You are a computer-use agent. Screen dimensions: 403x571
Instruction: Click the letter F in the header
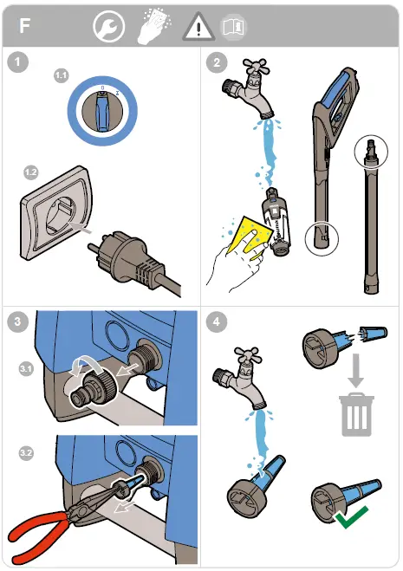tap(24, 26)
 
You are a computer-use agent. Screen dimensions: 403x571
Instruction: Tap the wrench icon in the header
tap(108, 26)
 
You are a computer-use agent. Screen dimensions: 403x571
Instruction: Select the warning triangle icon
tap(198, 26)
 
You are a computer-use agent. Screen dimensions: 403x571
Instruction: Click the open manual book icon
tap(233, 27)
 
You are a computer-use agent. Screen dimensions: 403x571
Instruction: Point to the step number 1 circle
tap(17, 62)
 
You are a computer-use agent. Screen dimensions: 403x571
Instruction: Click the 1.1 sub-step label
tap(62, 75)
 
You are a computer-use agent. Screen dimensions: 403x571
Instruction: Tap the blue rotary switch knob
tap(102, 111)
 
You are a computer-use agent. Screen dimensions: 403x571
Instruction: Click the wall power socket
tap(56, 213)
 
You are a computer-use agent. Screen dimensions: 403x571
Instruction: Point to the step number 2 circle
tap(217, 62)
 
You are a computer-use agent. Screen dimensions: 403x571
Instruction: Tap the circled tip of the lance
tap(371, 152)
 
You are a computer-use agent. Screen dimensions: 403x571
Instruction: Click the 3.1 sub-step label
tap(26, 369)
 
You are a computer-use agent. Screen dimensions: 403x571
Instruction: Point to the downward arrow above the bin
tap(355, 370)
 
